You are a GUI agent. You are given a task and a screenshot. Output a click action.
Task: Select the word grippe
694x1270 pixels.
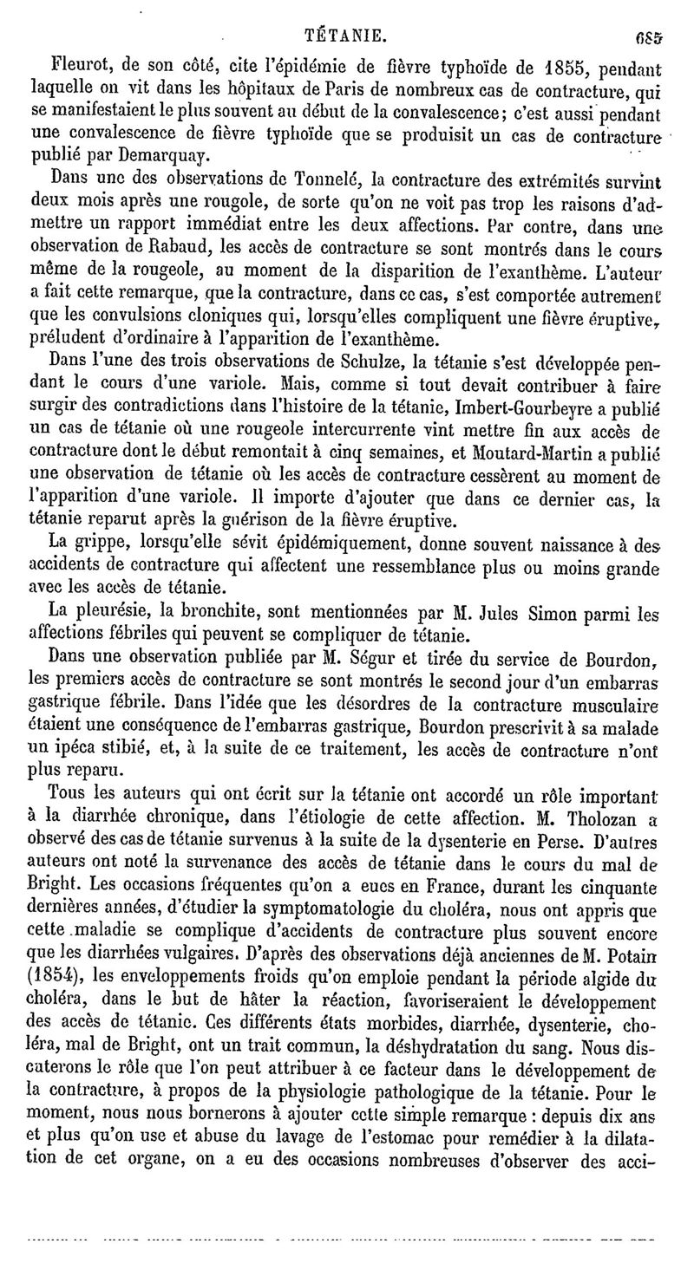pyautogui.click(x=96, y=544)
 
